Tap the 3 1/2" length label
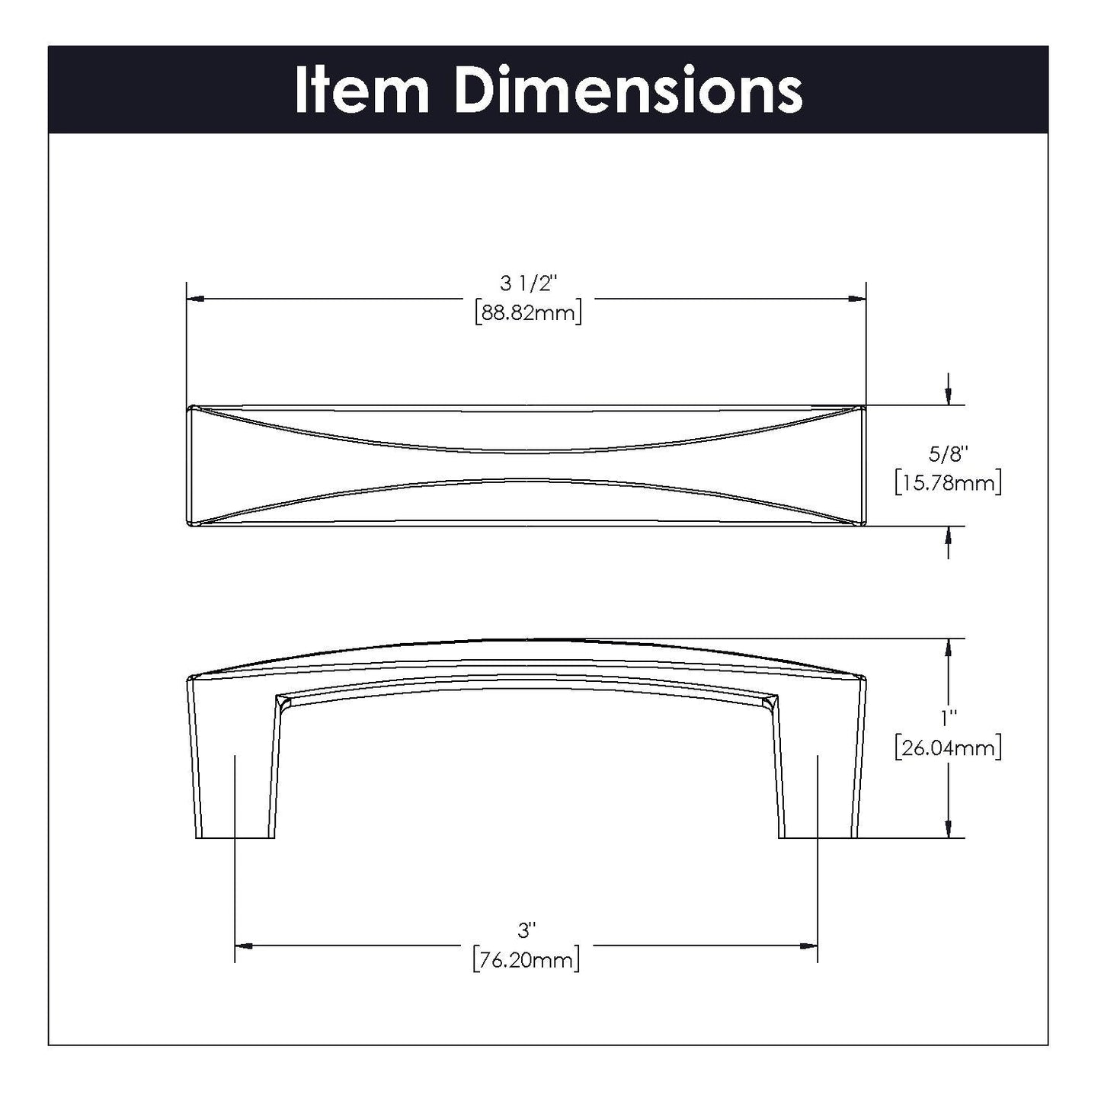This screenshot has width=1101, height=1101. point(528,283)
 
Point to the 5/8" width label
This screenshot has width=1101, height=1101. point(949,454)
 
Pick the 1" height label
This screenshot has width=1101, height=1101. point(949,719)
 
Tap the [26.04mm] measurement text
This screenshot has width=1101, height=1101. point(949,748)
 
